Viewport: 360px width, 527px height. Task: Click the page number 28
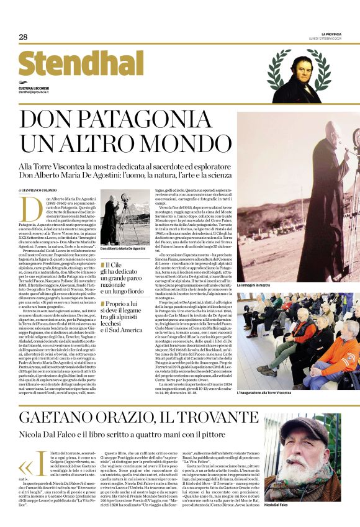[x=23, y=37]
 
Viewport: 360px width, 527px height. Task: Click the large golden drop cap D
[x=27, y=209]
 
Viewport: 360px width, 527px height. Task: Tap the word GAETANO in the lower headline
[x=52, y=416]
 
